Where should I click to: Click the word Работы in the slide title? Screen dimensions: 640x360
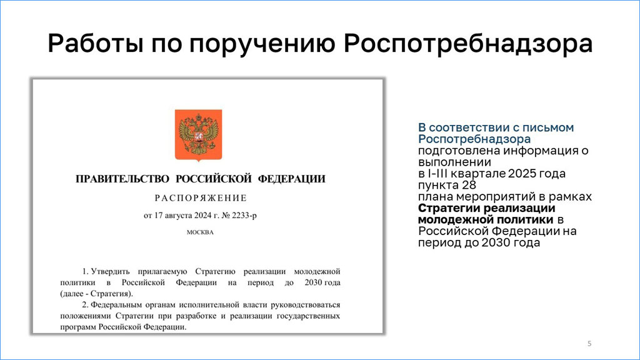point(96,43)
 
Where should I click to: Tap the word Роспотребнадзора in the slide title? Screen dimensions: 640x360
point(467,43)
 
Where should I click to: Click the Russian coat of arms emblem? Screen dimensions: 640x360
point(198,135)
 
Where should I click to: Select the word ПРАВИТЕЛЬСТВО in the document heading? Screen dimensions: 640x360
point(122,179)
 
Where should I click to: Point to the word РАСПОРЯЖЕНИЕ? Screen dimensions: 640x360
point(201,198)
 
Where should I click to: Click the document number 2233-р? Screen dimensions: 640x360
point(244,216)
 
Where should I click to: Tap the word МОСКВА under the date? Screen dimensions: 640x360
point(200,232)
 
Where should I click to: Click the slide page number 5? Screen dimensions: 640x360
point(589,344)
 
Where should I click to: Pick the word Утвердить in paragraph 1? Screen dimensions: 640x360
point(110,271)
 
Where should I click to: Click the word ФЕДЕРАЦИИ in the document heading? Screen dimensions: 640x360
point(291,179)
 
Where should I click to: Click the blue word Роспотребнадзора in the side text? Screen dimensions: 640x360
point(474,139)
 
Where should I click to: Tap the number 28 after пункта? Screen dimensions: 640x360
point(469,185)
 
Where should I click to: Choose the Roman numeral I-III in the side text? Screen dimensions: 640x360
point(433,174)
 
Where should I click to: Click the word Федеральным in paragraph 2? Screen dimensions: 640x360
point(112,305)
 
